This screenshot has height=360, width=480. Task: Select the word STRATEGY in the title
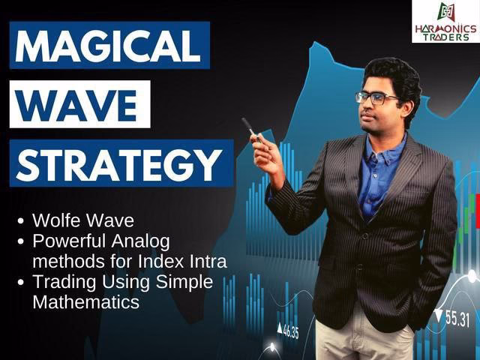(117, 163)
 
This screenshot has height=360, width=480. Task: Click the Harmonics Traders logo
(445, 22)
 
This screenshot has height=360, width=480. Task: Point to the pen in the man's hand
(250, 128)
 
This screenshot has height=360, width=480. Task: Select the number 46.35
(288, 330)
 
